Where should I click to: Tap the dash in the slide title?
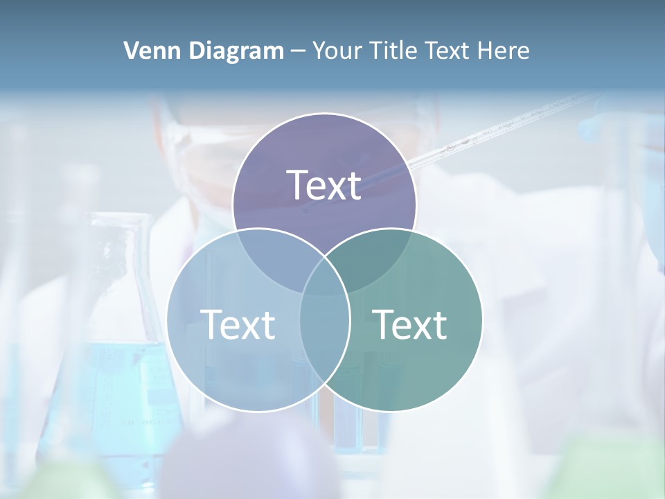coord(299,51)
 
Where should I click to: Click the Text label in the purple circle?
coord(324,185)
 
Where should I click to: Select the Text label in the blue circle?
coord(238,324)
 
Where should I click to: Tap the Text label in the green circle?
coord(410,324)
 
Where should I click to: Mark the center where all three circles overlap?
coord(325,277)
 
